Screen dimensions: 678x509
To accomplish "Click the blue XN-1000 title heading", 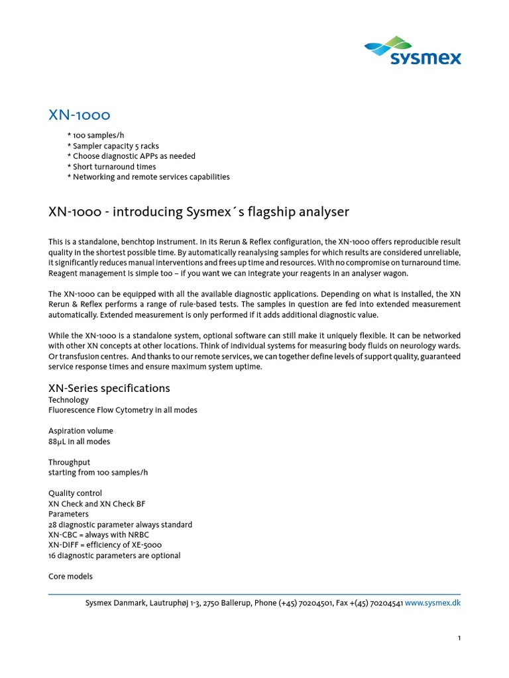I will (79, 115).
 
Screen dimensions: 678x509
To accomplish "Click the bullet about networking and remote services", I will (148, 177).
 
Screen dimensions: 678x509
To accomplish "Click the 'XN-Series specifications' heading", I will (109, 388).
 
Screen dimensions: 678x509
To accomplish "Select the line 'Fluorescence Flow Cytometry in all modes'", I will (123, 410).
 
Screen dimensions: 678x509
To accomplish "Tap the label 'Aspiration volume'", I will (80, 431).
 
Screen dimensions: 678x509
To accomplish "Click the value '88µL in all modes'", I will (80, 442).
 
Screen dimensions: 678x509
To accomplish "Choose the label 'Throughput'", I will (69, 462).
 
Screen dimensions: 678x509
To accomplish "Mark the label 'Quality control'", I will (76, 493).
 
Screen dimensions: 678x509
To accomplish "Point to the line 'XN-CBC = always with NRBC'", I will (98, 535).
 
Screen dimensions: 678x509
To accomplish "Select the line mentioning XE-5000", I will (105, 545).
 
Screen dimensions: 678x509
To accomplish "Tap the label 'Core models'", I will (70, 576).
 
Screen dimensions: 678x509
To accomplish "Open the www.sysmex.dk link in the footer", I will (432, 603).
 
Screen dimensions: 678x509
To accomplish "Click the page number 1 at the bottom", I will (459, 638).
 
